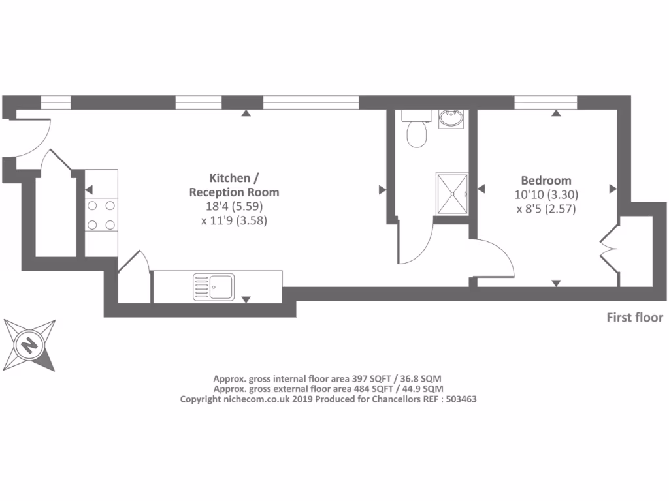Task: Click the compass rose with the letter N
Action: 29,344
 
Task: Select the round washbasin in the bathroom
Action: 451,119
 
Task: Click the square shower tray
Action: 452,193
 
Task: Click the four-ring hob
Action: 101,215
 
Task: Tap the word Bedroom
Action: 546,181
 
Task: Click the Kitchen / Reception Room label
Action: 234,185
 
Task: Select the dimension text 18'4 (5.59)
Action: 235,207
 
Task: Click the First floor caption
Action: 635,318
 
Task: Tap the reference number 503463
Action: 460,399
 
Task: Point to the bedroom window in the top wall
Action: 546,102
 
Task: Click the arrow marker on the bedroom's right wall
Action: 613,189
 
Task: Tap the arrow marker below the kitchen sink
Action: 246,299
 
